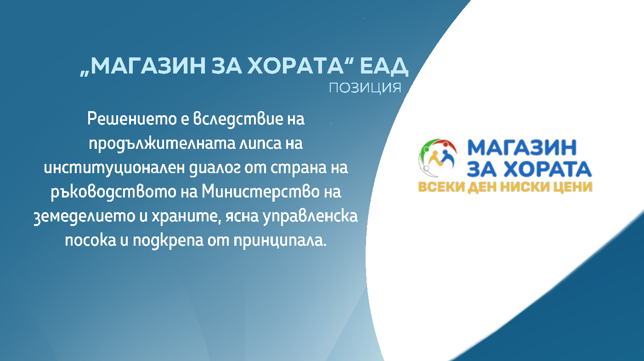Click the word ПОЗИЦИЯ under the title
click(x=365, y=88)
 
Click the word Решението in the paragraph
click(x=132, y=118)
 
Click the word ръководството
click(x=113, y=192)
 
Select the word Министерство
click(x=260, y=192)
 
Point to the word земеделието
click(x=85, y=216)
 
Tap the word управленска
click(x=310, y=216)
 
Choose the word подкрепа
click(x=168, y=241)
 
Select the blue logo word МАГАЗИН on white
click(x=522, y=147)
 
